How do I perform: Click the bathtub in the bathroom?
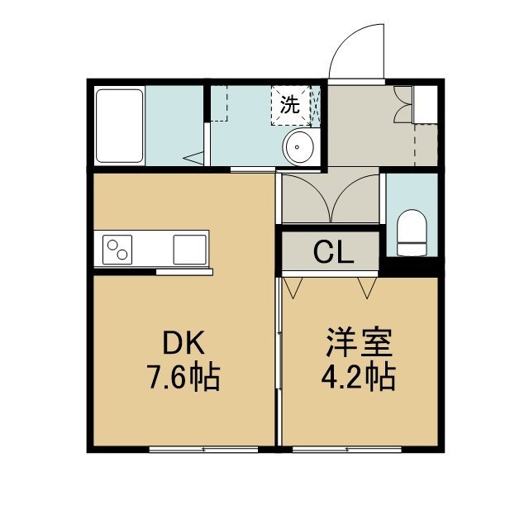point(119,126)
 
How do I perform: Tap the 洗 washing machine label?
point(290,105)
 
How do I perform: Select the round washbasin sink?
point(299,147)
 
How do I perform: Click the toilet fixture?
point(412,233)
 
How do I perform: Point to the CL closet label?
point(333,253)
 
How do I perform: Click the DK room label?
point(183,342)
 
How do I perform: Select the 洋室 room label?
point(359,342)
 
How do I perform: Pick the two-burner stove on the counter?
point(117,250)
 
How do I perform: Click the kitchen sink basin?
point(189,250)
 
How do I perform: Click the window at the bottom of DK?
point(204,449)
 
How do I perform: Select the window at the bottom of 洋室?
point(347,449)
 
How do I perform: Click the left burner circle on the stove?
point(112,245)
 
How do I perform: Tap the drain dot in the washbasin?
point(298,147)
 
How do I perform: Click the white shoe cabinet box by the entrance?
point(425,105)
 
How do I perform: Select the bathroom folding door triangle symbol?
point(193,158)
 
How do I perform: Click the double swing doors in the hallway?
point(331,198)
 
